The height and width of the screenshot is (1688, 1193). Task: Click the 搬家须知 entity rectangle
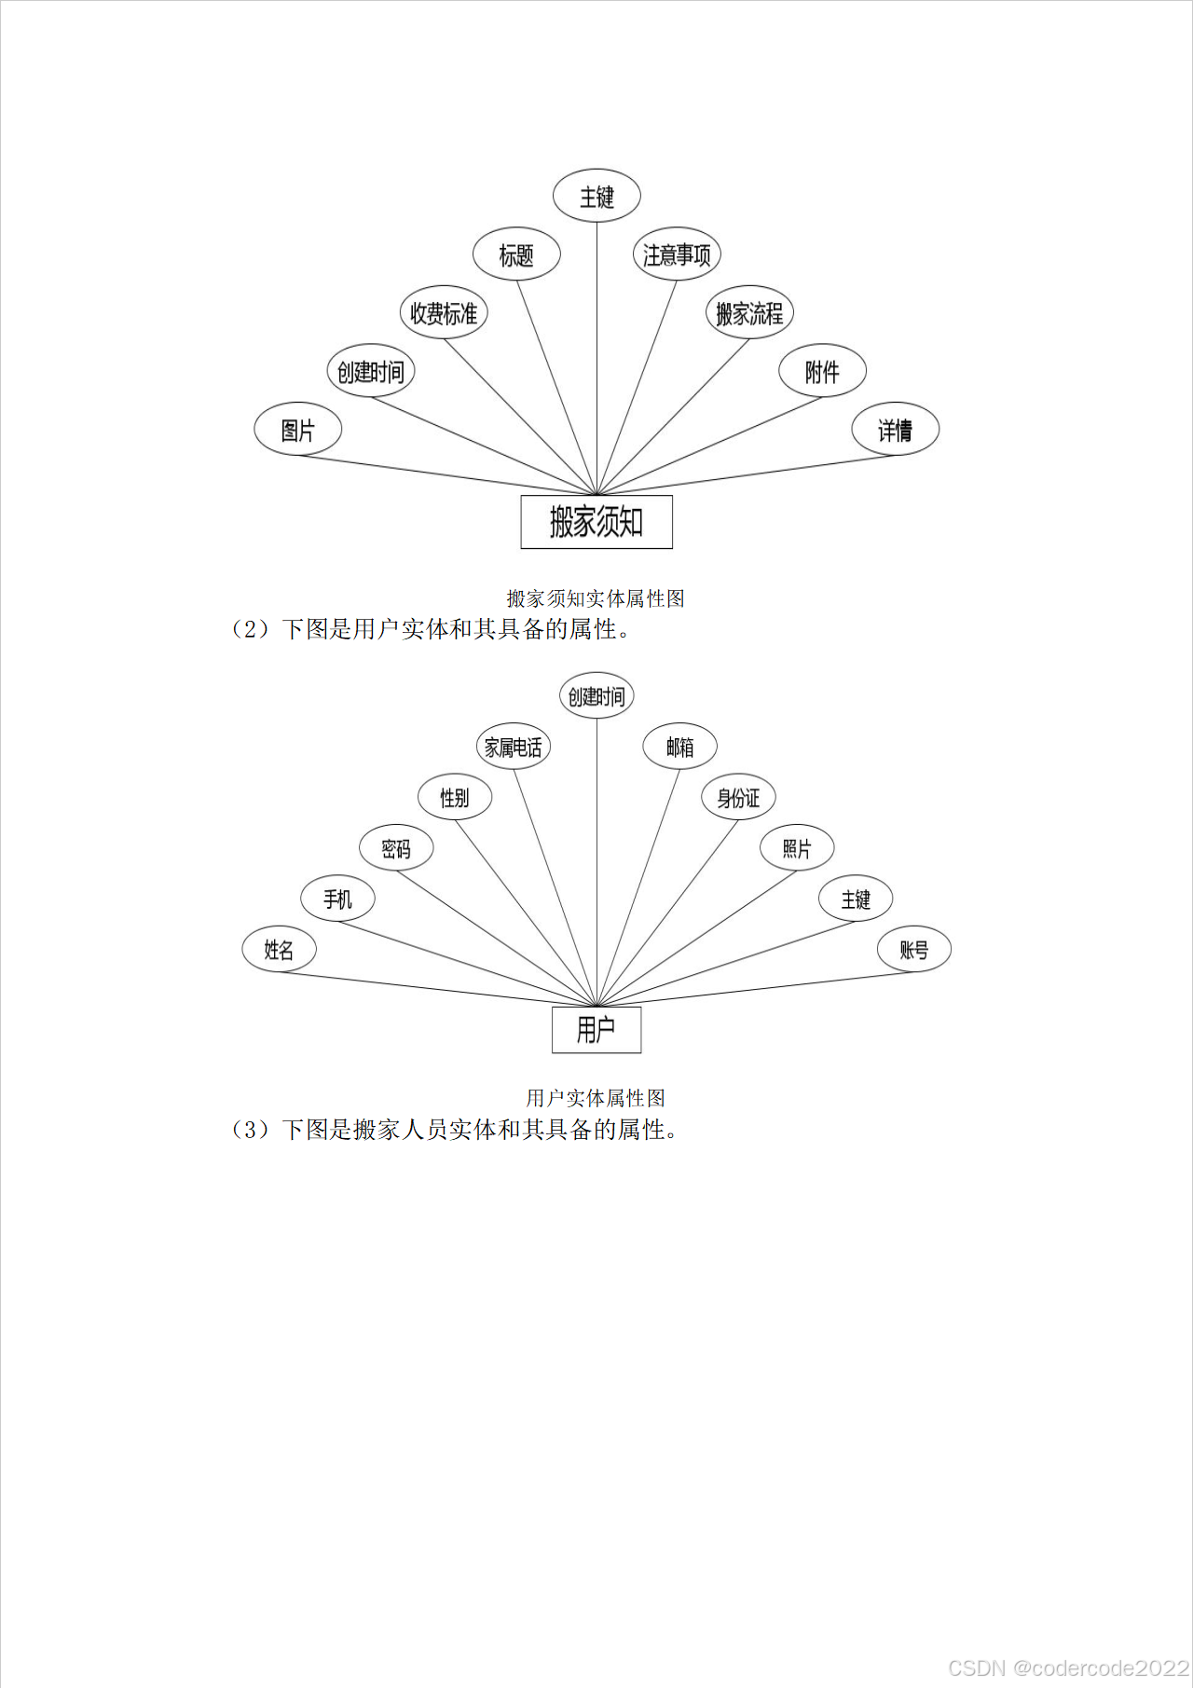click(x=596, y=522)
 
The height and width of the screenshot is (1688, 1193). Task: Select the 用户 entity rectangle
click(x=596, y=1030)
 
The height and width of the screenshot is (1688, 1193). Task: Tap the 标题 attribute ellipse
click(x=516, y=254)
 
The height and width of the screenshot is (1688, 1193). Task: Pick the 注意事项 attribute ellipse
click(x=677, y=254)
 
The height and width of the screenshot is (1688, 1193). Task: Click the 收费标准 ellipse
click(x=444, y=313)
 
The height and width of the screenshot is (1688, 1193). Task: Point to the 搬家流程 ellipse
click(x=749, y=313)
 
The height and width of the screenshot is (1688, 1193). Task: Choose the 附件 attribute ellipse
click(x=822, y=372)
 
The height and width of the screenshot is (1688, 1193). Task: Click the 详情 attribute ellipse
click(x=895, y=430)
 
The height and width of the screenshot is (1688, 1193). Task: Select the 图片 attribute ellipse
click(x=298, y=430)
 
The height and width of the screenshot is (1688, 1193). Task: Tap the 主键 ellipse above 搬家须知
click(x=596, y=197)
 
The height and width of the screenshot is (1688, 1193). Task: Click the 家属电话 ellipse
click(x=513, y=747)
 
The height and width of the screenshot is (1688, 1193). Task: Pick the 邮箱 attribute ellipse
click(x=680, y=747)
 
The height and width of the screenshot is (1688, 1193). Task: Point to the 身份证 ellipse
click(x=738, y=798)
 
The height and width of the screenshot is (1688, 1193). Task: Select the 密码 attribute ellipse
click(x=396, y=848)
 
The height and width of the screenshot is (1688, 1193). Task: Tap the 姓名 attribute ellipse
click(x=279, y=950)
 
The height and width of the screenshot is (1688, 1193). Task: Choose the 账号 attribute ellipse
click(x=914, y=950)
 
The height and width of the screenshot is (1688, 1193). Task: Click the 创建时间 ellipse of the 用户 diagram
click(x=596, y=696)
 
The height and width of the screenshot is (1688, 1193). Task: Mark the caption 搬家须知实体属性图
click(x=596, y=598)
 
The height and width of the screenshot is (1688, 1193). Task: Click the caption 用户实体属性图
click(x=596, y=1098)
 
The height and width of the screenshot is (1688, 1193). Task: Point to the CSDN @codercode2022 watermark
click(x=1068, y=1667)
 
